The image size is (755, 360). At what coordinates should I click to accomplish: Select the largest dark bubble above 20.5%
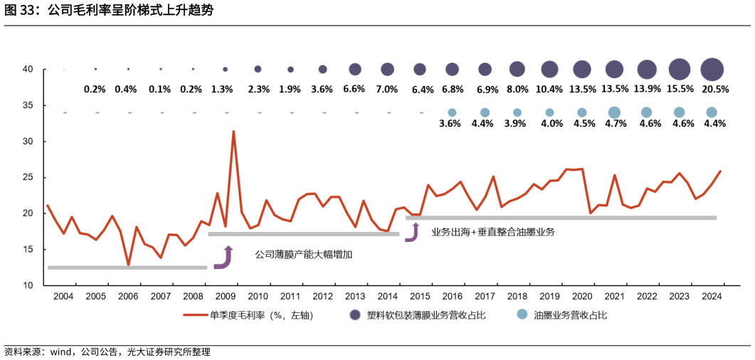[x=712, y=69]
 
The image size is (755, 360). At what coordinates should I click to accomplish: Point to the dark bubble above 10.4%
[x=549, y=69]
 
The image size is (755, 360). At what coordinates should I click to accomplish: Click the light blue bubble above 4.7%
[x=614, y=112]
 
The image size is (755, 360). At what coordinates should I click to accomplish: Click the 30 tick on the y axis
[x=28, y=142]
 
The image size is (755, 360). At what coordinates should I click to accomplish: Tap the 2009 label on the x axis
[x=225, y=297]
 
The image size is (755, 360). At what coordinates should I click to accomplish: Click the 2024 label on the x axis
[x=712, y=297]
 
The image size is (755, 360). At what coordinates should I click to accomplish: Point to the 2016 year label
[x=452, y=297]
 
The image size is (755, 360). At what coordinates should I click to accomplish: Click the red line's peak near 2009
[x=233, y=132]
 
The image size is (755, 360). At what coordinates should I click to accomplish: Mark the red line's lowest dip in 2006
[x=128, y=265]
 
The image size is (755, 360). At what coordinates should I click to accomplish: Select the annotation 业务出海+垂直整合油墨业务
[x=492, y=232]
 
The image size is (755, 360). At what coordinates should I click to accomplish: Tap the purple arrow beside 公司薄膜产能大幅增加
[x=224, y=258]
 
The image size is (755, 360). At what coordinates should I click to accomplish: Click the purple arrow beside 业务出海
[x=412, y=232]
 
